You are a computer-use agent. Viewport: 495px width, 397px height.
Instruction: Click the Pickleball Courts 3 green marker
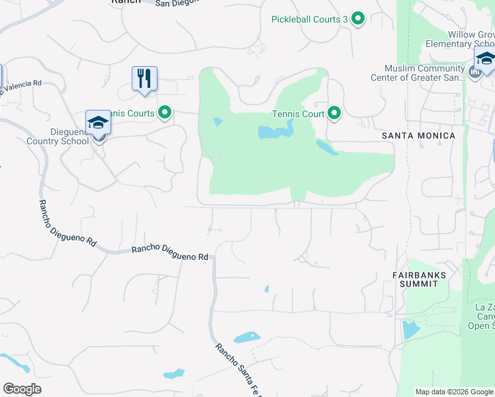click(x=358, y=19)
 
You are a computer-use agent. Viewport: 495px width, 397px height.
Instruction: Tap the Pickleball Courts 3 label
click(x=310, y=19)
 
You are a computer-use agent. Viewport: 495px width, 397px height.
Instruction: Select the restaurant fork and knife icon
click(x=144, y=79)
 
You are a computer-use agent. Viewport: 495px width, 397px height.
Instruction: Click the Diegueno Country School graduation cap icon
click(x=98, y=123)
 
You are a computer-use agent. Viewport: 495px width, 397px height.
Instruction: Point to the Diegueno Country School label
click(x=58, y=136)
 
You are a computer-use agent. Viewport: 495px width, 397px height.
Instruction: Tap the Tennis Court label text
click(x=298, y=114)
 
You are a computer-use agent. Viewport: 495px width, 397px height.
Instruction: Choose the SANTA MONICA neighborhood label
click(x=419, y=136)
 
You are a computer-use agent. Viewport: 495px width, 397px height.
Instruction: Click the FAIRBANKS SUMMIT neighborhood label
click(x=418, y=279)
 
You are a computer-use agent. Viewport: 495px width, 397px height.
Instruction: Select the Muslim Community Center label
click(x=424, y=73)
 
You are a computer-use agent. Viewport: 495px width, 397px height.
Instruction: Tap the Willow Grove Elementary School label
click(x=460, y=39)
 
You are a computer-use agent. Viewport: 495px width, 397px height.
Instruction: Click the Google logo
click(x=22, y=389)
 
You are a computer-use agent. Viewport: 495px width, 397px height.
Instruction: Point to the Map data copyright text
click(x=454, y=392)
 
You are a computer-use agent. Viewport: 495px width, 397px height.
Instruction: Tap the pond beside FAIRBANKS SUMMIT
click(x=410, y=329)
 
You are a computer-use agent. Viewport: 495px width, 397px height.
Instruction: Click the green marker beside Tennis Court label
click(x=334, y=114)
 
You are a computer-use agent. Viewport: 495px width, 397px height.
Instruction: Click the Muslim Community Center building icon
click(x=475, y=71)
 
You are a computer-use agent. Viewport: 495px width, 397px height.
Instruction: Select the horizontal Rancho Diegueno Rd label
click(x=170, y=253)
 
